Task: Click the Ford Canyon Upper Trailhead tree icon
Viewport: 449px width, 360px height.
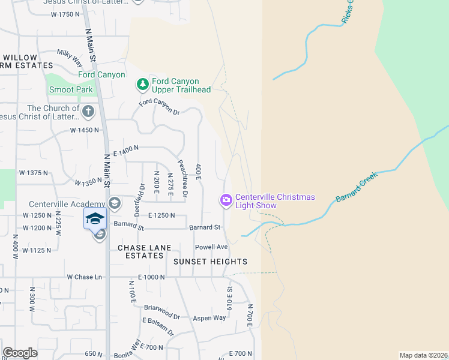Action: [143, 85]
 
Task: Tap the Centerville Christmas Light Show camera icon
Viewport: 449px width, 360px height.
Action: [226, 200]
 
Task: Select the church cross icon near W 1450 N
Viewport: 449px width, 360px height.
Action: [88, 112]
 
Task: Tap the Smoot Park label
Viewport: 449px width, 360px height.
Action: [71, 89]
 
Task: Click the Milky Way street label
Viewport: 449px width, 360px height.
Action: [70, 57]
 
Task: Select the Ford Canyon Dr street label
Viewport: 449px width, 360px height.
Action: [159, 107]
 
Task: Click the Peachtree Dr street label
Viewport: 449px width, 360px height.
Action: [184, 178]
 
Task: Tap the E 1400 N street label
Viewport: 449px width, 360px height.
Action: [125, 151]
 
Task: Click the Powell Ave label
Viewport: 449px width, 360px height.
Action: [211, 247]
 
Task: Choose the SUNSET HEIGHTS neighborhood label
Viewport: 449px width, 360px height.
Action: [210, 262]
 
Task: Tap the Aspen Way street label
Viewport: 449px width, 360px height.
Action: [209, 318]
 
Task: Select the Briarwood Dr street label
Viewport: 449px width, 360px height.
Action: [161, 311]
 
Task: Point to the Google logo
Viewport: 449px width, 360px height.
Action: [20, 353]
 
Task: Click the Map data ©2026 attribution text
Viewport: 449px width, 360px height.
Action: [424, 355]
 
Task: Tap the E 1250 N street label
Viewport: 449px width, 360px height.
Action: [160, 215]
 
